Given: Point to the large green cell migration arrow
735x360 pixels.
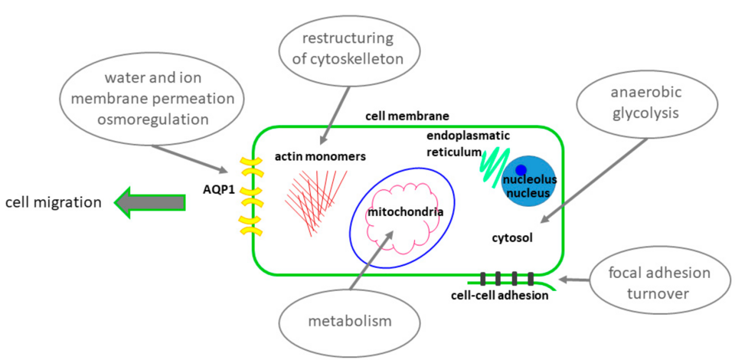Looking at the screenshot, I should (149, 202).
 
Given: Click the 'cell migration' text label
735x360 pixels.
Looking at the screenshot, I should (53, 203).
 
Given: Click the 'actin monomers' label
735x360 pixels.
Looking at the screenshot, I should (320, 157).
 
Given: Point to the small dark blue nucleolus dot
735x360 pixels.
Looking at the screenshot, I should (521, 169).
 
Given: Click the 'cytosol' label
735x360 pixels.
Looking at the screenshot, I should (511, 237).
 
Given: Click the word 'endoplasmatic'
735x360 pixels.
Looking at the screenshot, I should (469, 136).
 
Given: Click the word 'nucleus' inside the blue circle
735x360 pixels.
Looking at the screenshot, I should (527, 193).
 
